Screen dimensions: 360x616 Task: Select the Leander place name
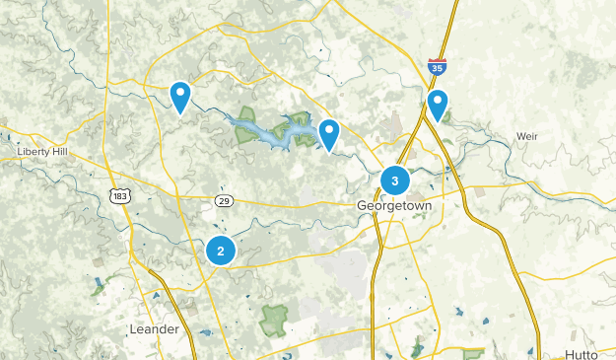click(x=156, y=328)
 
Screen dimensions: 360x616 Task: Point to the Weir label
click(x=528, y=135)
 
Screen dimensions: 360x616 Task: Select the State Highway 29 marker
click(x=225, y=200)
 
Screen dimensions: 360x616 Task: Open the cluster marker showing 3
click(x=395, y=180)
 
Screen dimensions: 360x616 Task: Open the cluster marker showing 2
click(x=221, y=251)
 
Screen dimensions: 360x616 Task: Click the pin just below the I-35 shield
click(x=437, y=103)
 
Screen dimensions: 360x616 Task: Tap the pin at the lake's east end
click(x=328, y=133)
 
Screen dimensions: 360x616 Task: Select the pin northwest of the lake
click(x=180, y=95)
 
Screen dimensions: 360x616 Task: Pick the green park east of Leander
click(x=274, y=319)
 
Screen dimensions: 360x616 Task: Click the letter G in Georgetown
click(x=361, y=205)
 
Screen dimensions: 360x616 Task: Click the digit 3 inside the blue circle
click(x=395, y=180)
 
